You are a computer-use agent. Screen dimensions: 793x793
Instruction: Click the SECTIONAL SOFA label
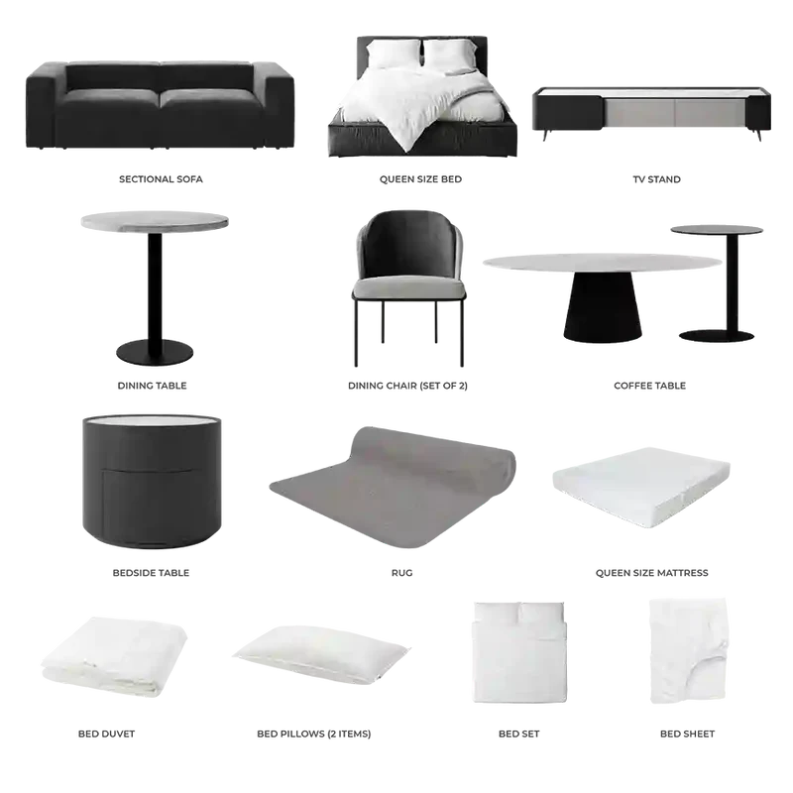click(x=161, y=179)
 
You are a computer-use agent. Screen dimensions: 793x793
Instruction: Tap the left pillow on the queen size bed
click(x=393, y=54)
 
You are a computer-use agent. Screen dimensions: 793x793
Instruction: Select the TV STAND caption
click(x=656, y=179)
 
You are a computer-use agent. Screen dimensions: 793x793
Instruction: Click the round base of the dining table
click(x=155, y=353)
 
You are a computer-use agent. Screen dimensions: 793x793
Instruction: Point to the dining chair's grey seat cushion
click(x=408, y=287)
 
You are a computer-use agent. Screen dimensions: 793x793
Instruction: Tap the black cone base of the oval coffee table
click(x=603, y=306)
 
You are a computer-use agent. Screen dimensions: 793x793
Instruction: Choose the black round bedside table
click(x=152, y=482)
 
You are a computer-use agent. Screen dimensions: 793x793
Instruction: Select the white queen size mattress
click(x=641, y=487)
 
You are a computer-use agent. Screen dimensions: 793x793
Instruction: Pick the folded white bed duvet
click(x=114, y=655)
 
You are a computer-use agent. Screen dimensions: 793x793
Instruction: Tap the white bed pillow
click(x=321, y=655)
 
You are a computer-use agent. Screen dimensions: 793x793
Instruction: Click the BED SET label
click(x=518, y=734)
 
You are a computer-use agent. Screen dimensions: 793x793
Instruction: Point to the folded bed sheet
click(x=688, y=650)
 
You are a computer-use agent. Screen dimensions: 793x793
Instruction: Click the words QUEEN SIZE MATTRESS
click(x=652, y=573)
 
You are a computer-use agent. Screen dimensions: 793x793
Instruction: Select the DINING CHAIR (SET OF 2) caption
click(x=407, y=386)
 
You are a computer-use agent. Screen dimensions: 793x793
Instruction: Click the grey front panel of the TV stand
click(x=676, y=113)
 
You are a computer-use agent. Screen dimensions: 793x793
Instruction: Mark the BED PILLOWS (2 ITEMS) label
click(x=314, y=734)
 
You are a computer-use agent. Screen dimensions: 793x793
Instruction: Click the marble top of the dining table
click(x=155, y=221)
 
